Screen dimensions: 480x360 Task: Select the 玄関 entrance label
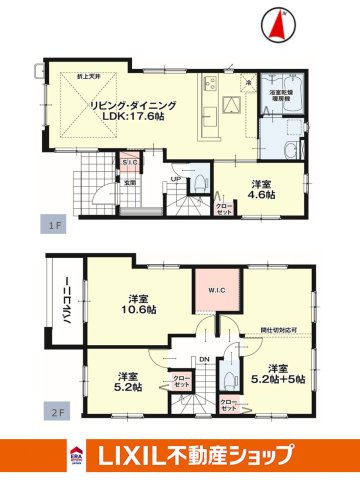[130, 182]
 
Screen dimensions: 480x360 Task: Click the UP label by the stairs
[175, 180]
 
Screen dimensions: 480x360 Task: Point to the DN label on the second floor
[204, 361]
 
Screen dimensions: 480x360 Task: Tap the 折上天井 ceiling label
[94, 77]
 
